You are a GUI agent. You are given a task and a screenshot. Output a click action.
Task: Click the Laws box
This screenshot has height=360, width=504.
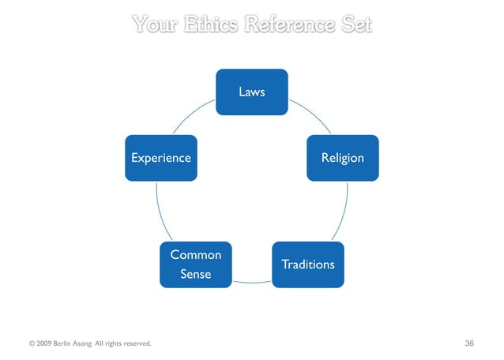click(252, 92)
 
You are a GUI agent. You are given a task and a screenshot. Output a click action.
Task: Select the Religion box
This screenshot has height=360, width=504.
click(342, 158)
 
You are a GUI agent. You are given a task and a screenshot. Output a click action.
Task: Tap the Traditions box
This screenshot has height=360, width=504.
click(307, 264)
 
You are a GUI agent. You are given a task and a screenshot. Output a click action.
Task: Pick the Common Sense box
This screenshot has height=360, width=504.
click(196, 264)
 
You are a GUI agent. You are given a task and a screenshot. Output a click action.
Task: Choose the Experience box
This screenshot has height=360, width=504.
click(160, 158)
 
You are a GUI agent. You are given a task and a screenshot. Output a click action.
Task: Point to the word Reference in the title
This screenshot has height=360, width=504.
click(287, 24)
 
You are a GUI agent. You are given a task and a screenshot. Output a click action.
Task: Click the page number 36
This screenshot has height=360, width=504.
click(470, 343)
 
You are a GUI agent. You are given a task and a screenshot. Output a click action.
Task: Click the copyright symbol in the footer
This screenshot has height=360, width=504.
click(32, 343)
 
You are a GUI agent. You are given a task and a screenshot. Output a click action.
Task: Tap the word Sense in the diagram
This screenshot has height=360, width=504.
click(196, 274)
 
